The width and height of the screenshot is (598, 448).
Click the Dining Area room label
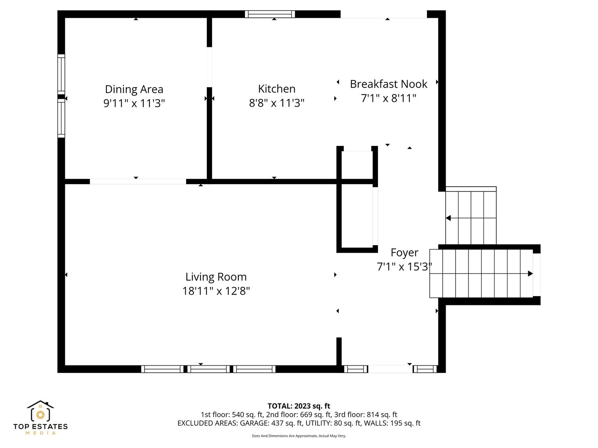(134, 89)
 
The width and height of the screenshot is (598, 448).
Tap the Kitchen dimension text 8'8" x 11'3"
(276, 103)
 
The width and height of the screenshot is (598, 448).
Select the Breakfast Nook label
(388, 84)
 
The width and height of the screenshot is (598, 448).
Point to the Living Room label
(216, 277)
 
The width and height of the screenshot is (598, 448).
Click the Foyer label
(404, 253)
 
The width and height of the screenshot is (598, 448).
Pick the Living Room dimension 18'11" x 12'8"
(216, 291)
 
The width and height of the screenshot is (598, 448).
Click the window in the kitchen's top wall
(270, 14)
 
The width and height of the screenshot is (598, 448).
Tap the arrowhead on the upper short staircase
(448, 218)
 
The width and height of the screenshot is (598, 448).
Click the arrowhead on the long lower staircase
(530, 273)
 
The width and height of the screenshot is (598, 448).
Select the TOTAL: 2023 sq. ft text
(299, 406)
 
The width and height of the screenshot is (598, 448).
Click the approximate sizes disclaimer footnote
(299, 436)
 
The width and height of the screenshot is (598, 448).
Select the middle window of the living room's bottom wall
(208, 369)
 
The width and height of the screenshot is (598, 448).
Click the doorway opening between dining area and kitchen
(209, 67)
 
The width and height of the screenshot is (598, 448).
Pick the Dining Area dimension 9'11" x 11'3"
(134, 103)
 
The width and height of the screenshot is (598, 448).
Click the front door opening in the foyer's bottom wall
(390, 369)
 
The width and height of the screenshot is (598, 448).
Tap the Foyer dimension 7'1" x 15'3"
(404, 267)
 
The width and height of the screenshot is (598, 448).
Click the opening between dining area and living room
(138, 181)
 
